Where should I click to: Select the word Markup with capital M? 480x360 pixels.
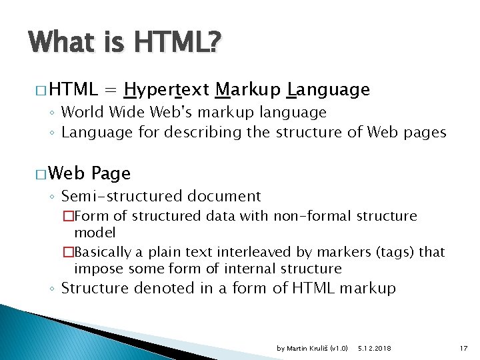(x=248, y=89)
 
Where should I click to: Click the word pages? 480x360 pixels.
(x=425, y=132)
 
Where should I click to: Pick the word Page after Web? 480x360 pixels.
(x=111, y=173)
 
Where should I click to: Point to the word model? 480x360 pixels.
(x=95, y=233)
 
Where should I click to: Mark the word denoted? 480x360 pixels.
(x=162, y=288)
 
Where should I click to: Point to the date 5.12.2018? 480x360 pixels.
(x=375, y=347)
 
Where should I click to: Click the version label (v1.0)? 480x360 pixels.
(x=339, y=347)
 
